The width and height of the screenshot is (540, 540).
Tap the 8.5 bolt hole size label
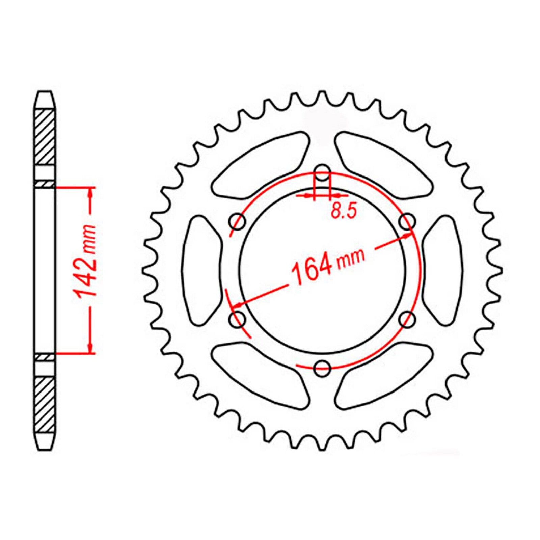pos(343,212)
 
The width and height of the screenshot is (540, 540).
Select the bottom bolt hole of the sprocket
pos(322,368)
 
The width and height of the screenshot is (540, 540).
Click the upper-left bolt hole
pos(237,221)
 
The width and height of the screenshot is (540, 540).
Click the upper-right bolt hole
pos(407,221)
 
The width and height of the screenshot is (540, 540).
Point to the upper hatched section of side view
pos(45,137)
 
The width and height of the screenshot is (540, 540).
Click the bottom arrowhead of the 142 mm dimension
pos(90,348)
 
